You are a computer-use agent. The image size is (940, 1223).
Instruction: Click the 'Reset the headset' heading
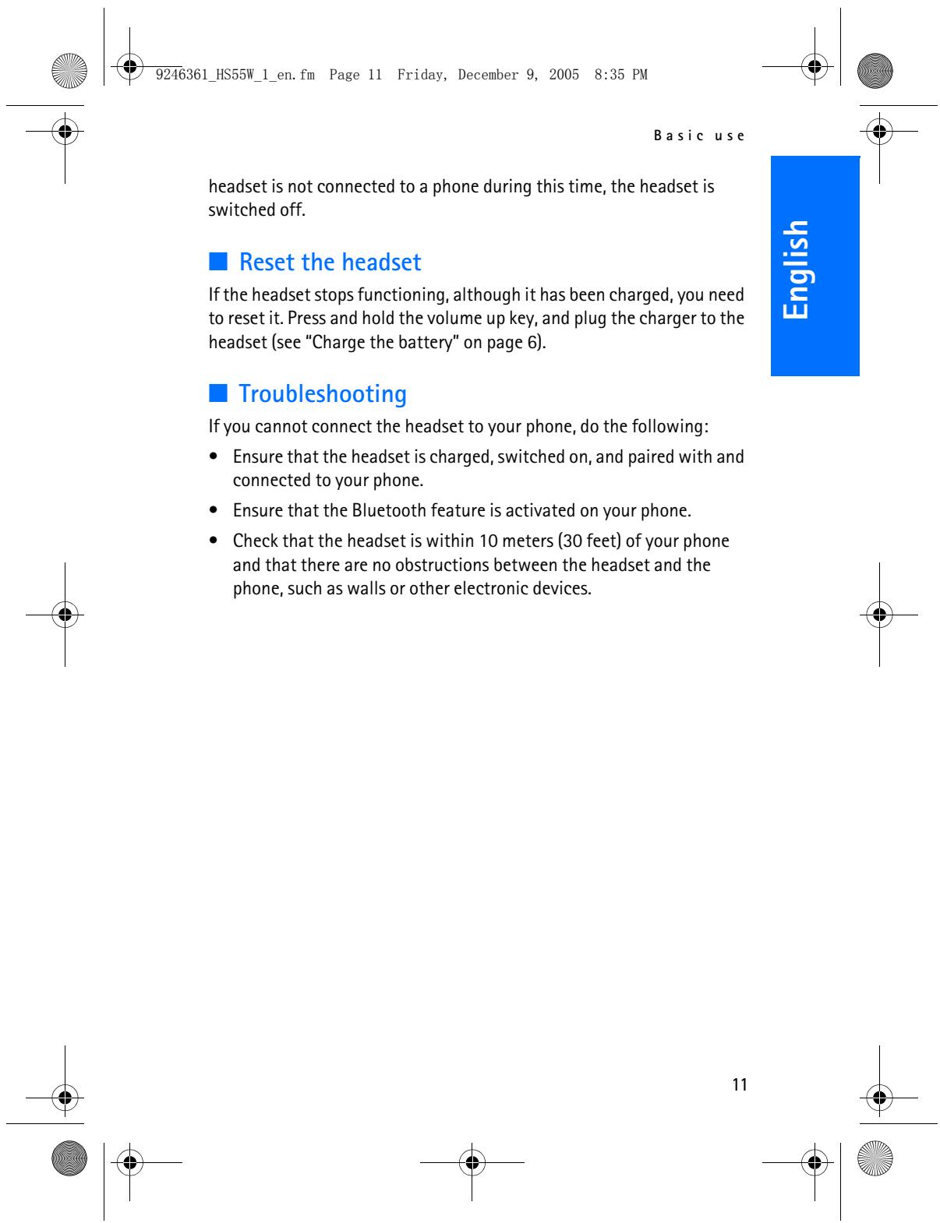(x=330, y=263)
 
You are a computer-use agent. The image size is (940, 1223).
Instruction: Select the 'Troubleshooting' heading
(x=323, y=394)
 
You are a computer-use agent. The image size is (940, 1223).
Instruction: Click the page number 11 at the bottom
(x=740, y=1084)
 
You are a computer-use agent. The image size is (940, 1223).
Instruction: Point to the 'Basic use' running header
(x=699, y=136)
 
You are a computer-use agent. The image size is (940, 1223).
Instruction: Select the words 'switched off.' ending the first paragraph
(x=256, y=210)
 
